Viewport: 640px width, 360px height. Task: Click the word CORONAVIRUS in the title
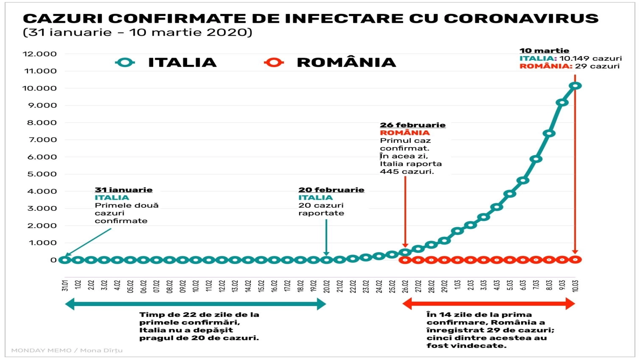point(521,18)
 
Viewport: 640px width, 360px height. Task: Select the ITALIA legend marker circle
point(125,62)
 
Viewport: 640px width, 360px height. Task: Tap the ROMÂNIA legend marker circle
point(274,62)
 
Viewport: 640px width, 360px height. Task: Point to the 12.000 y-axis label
point(40,54)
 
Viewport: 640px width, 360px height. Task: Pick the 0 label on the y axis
point(53,260)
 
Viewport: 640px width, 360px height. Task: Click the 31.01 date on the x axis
point(65,286)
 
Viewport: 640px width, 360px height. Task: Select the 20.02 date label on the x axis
point(326,286)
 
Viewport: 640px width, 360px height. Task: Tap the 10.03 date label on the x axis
point(575,286)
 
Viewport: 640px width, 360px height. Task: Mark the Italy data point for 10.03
point(575,86)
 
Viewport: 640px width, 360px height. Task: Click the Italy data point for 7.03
point(536,159)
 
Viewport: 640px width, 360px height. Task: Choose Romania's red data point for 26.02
point(405,260)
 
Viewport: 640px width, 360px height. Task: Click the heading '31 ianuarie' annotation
point(124,190)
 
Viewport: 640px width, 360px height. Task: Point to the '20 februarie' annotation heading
point(331,190)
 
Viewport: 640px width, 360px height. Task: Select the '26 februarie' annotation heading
point(412,125)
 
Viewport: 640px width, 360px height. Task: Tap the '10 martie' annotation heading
point(544,51)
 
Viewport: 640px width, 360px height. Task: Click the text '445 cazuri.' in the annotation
point(407,172)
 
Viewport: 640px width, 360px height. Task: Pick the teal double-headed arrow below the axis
point(196,304)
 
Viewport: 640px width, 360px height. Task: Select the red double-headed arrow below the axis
point(489,304)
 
